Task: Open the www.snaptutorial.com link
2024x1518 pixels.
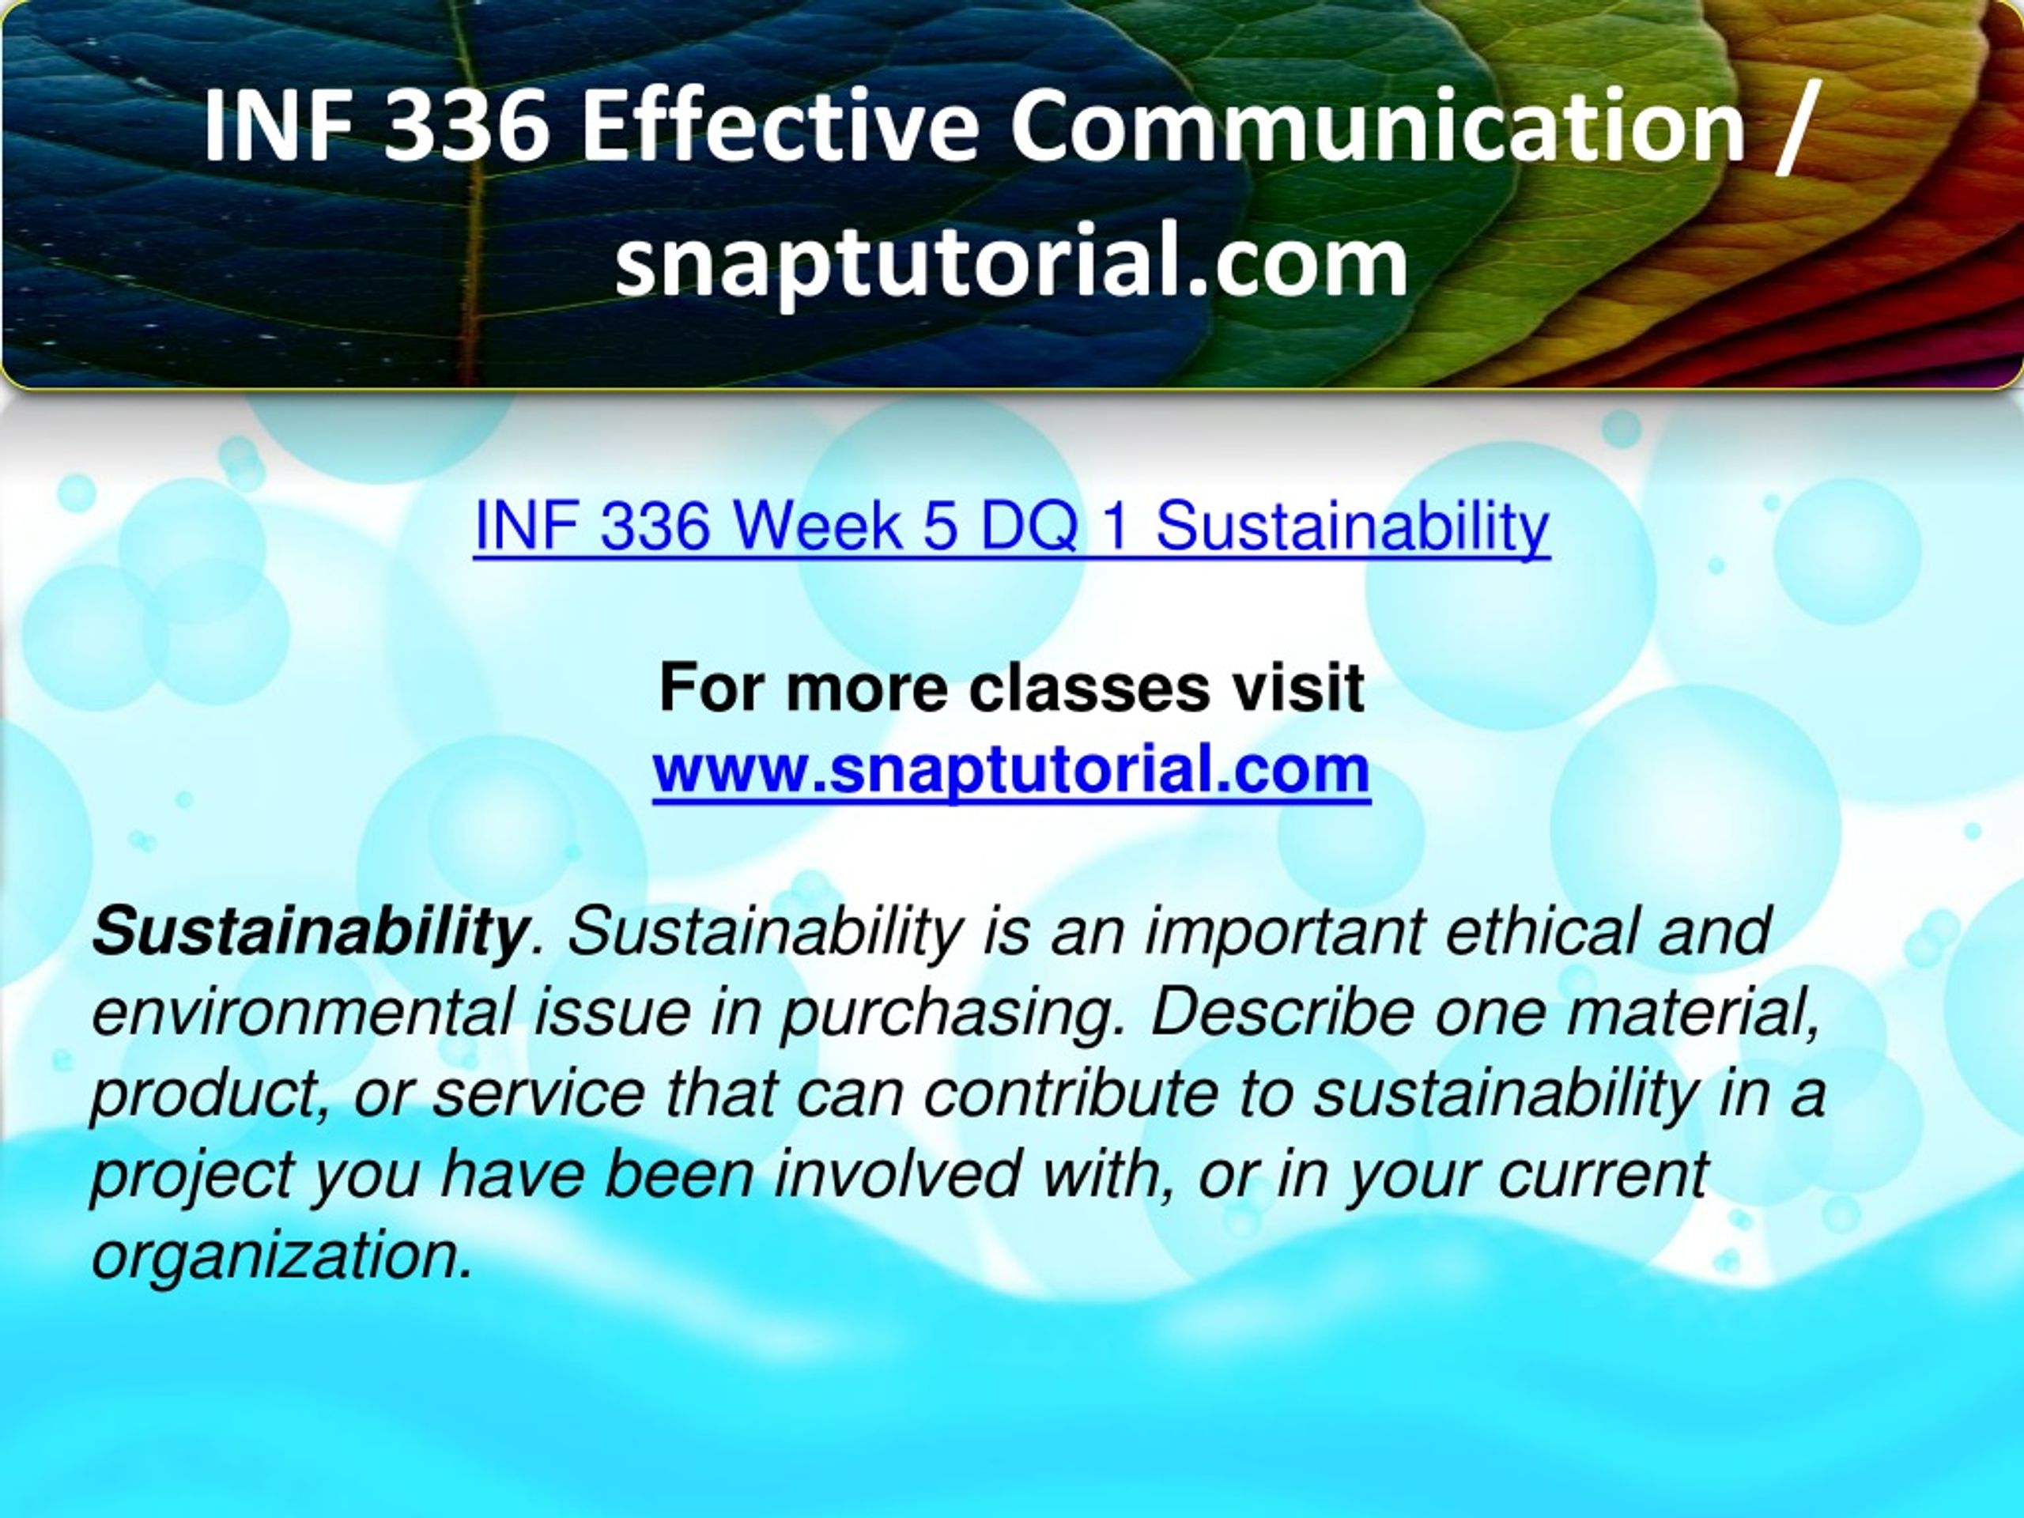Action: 1011,770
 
